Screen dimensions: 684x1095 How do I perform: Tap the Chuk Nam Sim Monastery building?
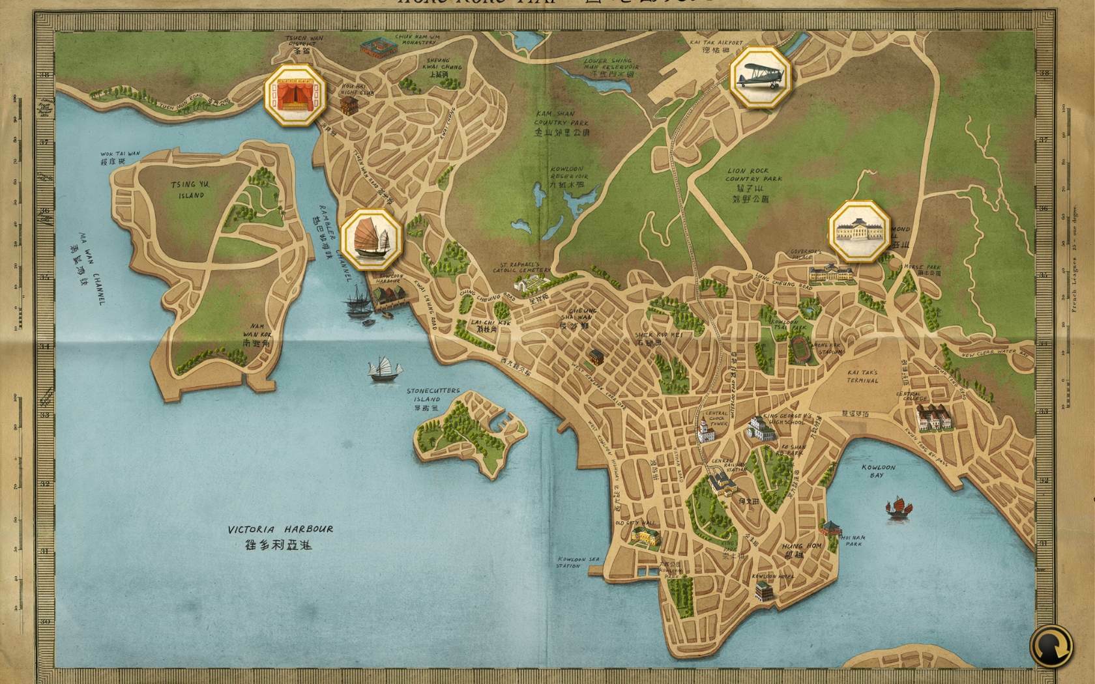(378, 47)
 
